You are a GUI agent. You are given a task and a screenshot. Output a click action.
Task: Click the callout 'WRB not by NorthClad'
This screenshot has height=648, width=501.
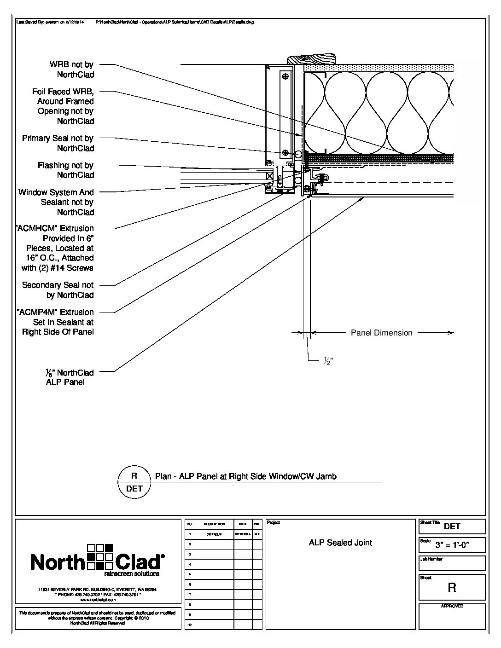click(x=71, y=69)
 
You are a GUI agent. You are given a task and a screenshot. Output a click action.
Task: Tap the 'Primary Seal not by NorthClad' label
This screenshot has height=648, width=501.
click(x=58, y=143)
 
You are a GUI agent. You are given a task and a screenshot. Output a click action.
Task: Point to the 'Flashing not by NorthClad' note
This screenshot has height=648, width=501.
click(x=65, y=170)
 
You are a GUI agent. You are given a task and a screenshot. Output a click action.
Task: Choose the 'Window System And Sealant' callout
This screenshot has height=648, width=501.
click(x=56, y=202)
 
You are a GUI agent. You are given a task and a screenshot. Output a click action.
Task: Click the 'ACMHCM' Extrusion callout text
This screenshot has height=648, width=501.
click(x=56, y=248)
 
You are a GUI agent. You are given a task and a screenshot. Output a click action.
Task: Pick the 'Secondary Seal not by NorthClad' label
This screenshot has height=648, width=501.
click(x=58, y=290)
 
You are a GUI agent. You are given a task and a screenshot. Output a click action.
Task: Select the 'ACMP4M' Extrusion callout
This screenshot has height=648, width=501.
click(x=56, y=322)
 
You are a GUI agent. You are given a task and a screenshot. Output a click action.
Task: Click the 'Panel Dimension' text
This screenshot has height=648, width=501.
click(x=381, y=333)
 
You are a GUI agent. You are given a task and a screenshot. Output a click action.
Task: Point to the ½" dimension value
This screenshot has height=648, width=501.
click(x=328, y=362)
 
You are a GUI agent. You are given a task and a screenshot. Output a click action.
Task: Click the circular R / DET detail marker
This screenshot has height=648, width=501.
click(x=134, y=482)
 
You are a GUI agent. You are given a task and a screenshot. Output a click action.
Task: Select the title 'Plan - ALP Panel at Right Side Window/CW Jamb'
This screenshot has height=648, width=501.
click(x=245, y=476)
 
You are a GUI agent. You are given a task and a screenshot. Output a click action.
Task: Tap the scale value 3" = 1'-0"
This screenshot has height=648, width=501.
click(x=452, y=545)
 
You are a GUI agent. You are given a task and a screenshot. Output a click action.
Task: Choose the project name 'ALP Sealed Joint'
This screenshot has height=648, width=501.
click(x=340, y=543)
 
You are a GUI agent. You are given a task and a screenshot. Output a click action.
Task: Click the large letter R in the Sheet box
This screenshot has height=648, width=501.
click(x=452, y=588)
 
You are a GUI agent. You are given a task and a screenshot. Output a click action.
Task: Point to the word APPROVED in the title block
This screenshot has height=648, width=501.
click(x=452, y=606)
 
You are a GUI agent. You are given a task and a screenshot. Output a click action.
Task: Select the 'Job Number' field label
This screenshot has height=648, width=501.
click(x=431, y=559)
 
